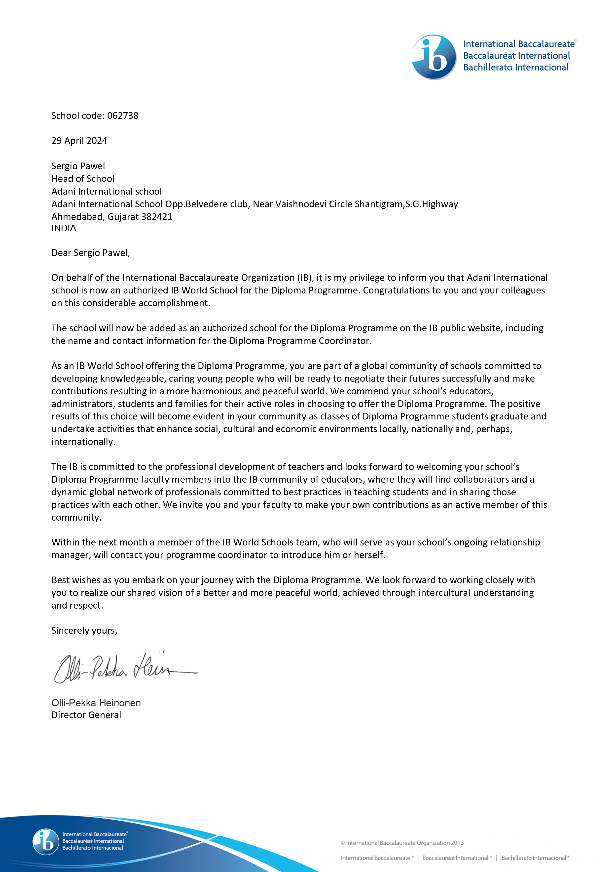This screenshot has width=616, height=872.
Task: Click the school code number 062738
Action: (x=123, y=116)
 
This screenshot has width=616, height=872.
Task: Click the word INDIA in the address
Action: (x=64, y=228)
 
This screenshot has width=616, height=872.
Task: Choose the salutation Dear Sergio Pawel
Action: (x=91, y=253)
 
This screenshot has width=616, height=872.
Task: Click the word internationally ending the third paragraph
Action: (x=83, y=442)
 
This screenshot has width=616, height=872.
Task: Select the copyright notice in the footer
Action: (x=402, y=843)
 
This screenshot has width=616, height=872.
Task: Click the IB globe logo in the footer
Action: (x=45, y=842)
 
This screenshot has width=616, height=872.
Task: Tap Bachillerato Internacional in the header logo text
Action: (x=516, y=67)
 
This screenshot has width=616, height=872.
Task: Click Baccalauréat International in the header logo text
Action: (x=516, y=55)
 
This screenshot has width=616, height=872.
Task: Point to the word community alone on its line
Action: (x=76, y=517)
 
